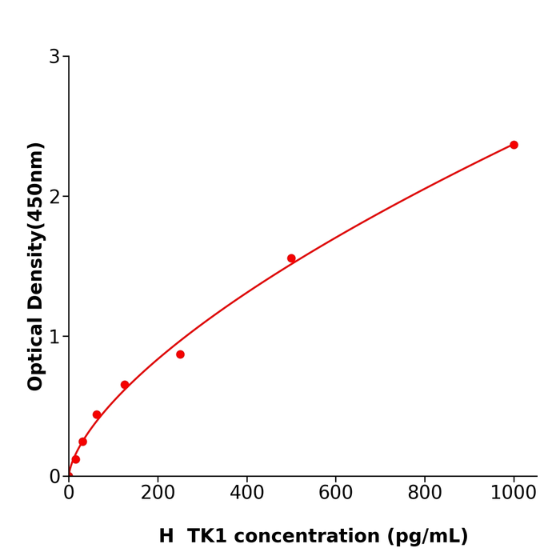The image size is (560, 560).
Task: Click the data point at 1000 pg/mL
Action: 514,145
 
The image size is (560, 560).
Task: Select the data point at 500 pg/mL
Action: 291,258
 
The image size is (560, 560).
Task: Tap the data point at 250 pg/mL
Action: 180,354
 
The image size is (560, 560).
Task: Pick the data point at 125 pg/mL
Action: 125,385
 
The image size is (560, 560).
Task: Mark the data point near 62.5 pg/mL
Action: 97,414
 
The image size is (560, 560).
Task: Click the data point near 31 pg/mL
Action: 82,442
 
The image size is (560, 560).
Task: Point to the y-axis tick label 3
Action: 54,57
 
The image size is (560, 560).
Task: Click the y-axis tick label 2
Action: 54,197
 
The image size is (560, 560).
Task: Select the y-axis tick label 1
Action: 54,337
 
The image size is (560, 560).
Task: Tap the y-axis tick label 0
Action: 54,477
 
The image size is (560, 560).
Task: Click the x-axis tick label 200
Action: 158,494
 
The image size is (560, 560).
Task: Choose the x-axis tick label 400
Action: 246,494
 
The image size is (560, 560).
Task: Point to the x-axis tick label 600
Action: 335,494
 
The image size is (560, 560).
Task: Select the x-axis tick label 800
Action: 424,494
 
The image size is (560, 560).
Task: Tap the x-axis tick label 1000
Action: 514,494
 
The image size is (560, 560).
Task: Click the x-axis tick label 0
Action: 69,494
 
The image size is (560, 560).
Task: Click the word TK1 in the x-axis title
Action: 206,537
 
